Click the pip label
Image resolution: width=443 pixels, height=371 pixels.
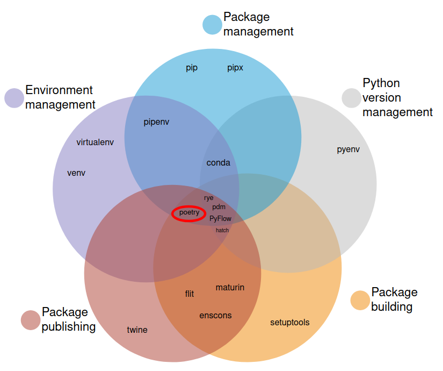click(x=192, y=68)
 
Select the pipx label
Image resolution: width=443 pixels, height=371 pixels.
click(x=235, y=68)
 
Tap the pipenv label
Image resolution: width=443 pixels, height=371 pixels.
click(x=157, y=122)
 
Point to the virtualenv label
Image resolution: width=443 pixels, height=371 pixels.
click(x=95, y=142)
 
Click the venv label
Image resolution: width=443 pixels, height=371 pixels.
click(x=76, y=173)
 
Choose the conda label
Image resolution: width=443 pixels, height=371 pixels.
click(x=219, y=162)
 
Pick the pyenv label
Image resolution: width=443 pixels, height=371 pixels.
click(x=348, y=149)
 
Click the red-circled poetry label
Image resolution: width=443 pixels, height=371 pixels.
click(x=189, y=213)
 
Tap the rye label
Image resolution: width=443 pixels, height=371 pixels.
click(x=209, y=198)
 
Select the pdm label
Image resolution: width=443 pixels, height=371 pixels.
click(x=219, y=207)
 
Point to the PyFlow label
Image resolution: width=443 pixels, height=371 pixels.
click(x=221, y=219)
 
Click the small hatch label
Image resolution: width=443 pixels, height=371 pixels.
click(x=222, y=230)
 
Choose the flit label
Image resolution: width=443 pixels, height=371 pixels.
click(x=190, y=294)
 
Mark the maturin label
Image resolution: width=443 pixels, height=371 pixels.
click(x=230, y=288)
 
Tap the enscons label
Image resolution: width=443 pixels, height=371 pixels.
click(x=215, y=316)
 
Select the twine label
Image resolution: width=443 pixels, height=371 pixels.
click(x=137, y=330)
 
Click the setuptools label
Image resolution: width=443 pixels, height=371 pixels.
click(x=290, y=323)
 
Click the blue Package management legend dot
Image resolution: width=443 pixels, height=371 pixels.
click(x=212, y=25)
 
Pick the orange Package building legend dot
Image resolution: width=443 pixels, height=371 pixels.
click(x=360, y=300)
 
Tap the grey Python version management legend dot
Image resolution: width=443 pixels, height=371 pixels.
click(x=352, y=98)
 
